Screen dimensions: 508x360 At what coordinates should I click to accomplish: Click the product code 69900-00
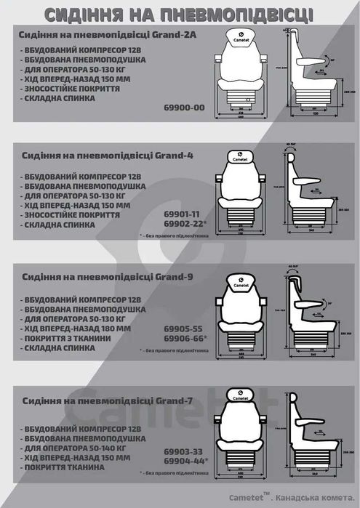[x=185, y=108]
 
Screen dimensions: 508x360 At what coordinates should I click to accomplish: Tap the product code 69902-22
[x=186, y=225]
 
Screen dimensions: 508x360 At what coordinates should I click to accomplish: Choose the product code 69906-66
[x=186, y=339]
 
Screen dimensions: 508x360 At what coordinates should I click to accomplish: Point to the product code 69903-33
[x=184, y=451]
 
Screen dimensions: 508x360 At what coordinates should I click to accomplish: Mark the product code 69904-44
[x=186, y=461]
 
